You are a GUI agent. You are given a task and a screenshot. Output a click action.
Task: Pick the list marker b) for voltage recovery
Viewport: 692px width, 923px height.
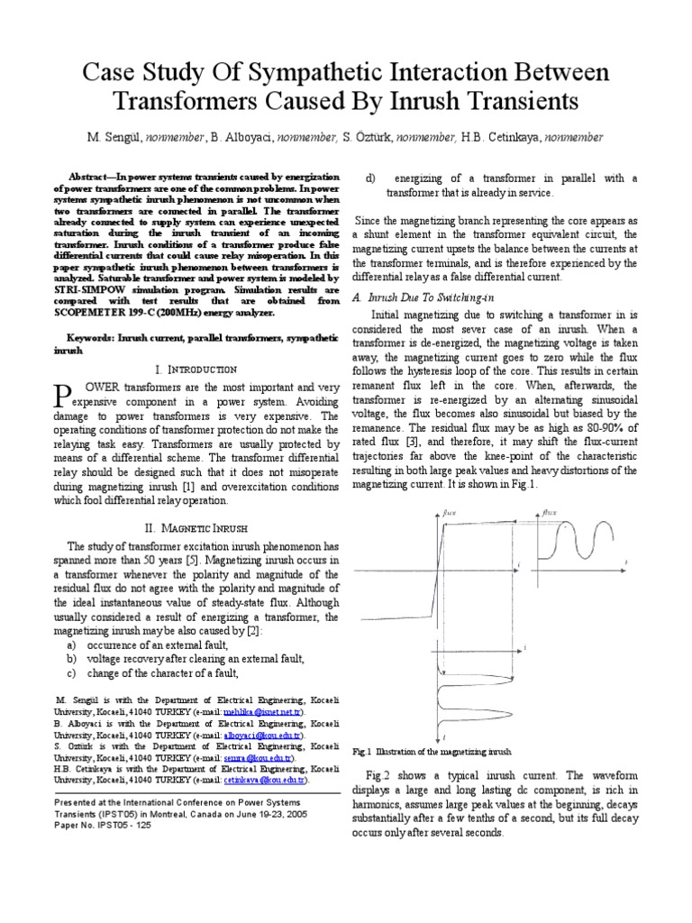[69, 659]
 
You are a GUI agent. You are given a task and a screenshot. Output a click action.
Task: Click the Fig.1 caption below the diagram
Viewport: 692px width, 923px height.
[432, 751]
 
